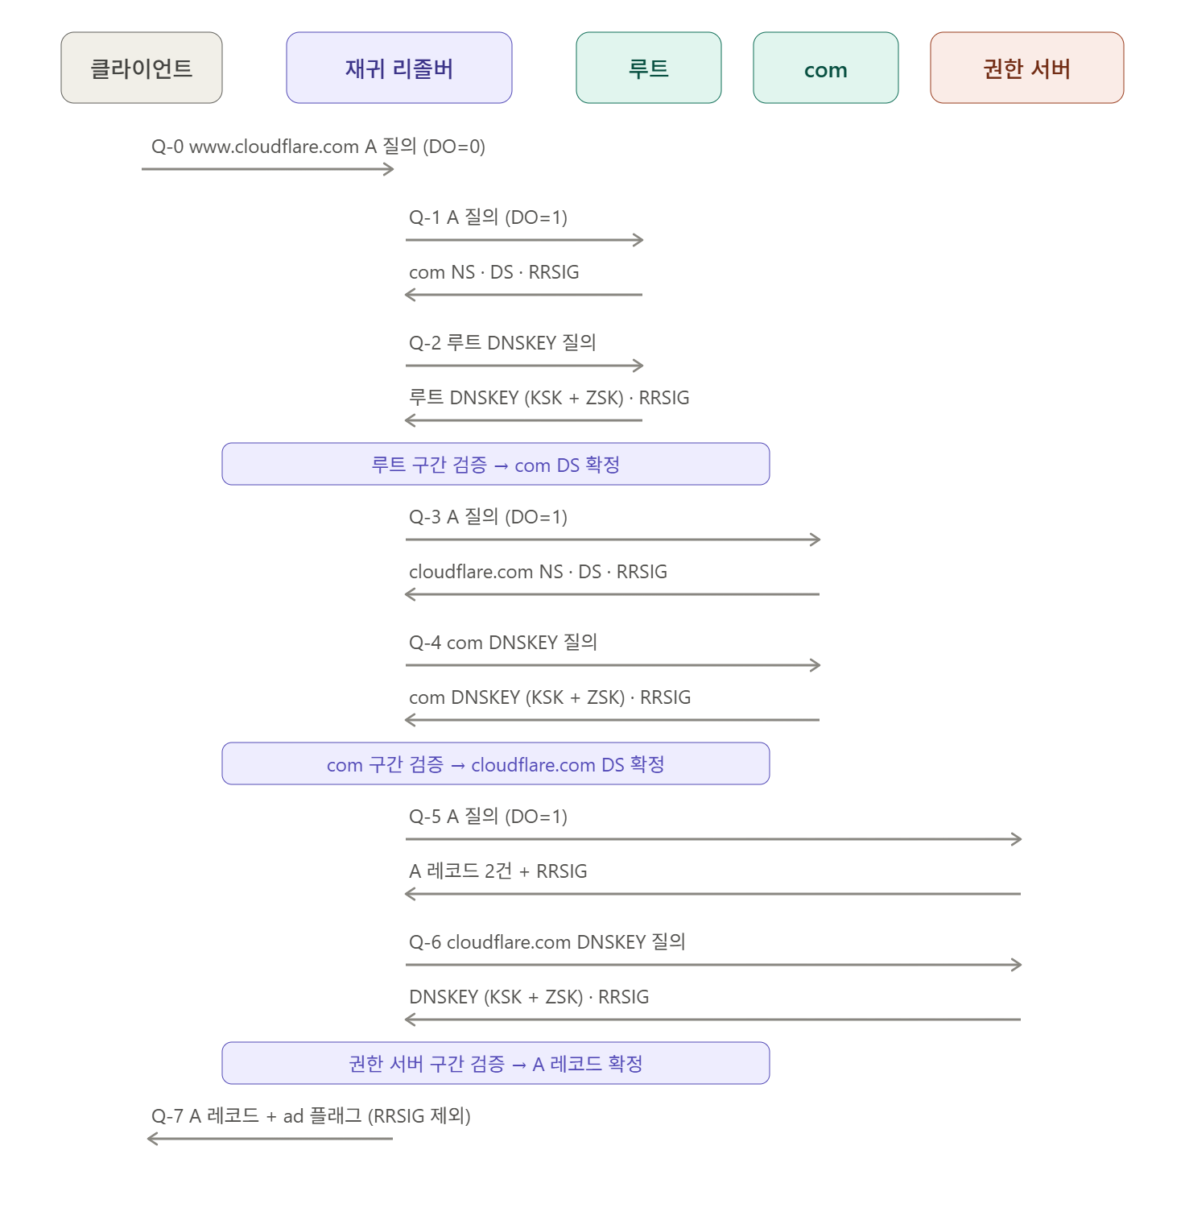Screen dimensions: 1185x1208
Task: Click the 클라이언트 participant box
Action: coord(142,68)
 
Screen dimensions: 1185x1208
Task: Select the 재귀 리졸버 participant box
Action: coord(399,68)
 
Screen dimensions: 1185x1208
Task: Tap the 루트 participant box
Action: coord(649,68)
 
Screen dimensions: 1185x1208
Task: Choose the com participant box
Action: coord(826,68)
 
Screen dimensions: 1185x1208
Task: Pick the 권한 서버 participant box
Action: coord(1027,68)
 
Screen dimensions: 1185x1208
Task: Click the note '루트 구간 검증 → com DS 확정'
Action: coord(496,464)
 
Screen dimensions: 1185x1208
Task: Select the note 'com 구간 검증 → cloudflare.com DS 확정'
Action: coord(496,763)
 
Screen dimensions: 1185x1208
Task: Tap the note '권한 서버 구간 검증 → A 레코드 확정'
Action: coord(496,1063)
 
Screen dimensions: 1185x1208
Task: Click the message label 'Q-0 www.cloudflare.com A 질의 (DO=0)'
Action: coord(318,147)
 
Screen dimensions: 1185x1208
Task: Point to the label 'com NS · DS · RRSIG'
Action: coord(494,272)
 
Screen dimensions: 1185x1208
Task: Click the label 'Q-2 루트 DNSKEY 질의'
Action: coord(502,343)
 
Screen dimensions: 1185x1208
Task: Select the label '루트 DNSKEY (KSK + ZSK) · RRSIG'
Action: coord(549,398)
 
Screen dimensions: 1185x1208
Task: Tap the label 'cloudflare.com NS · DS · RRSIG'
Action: coord(538,572)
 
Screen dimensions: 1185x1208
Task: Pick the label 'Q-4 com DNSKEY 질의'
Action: coord(503,643)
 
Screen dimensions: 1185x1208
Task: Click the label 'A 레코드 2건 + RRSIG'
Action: coord(498,871)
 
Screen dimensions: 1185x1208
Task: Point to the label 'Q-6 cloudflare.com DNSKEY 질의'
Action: coord(547,942)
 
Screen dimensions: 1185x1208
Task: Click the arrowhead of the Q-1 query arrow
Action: coord(639,240)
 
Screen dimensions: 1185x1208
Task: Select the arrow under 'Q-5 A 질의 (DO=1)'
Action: coord(714,839)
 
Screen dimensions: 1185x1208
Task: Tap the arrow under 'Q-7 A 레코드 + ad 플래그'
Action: coord(270,1139)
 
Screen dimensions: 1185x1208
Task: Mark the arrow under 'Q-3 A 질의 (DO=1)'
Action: coord(613,540)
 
